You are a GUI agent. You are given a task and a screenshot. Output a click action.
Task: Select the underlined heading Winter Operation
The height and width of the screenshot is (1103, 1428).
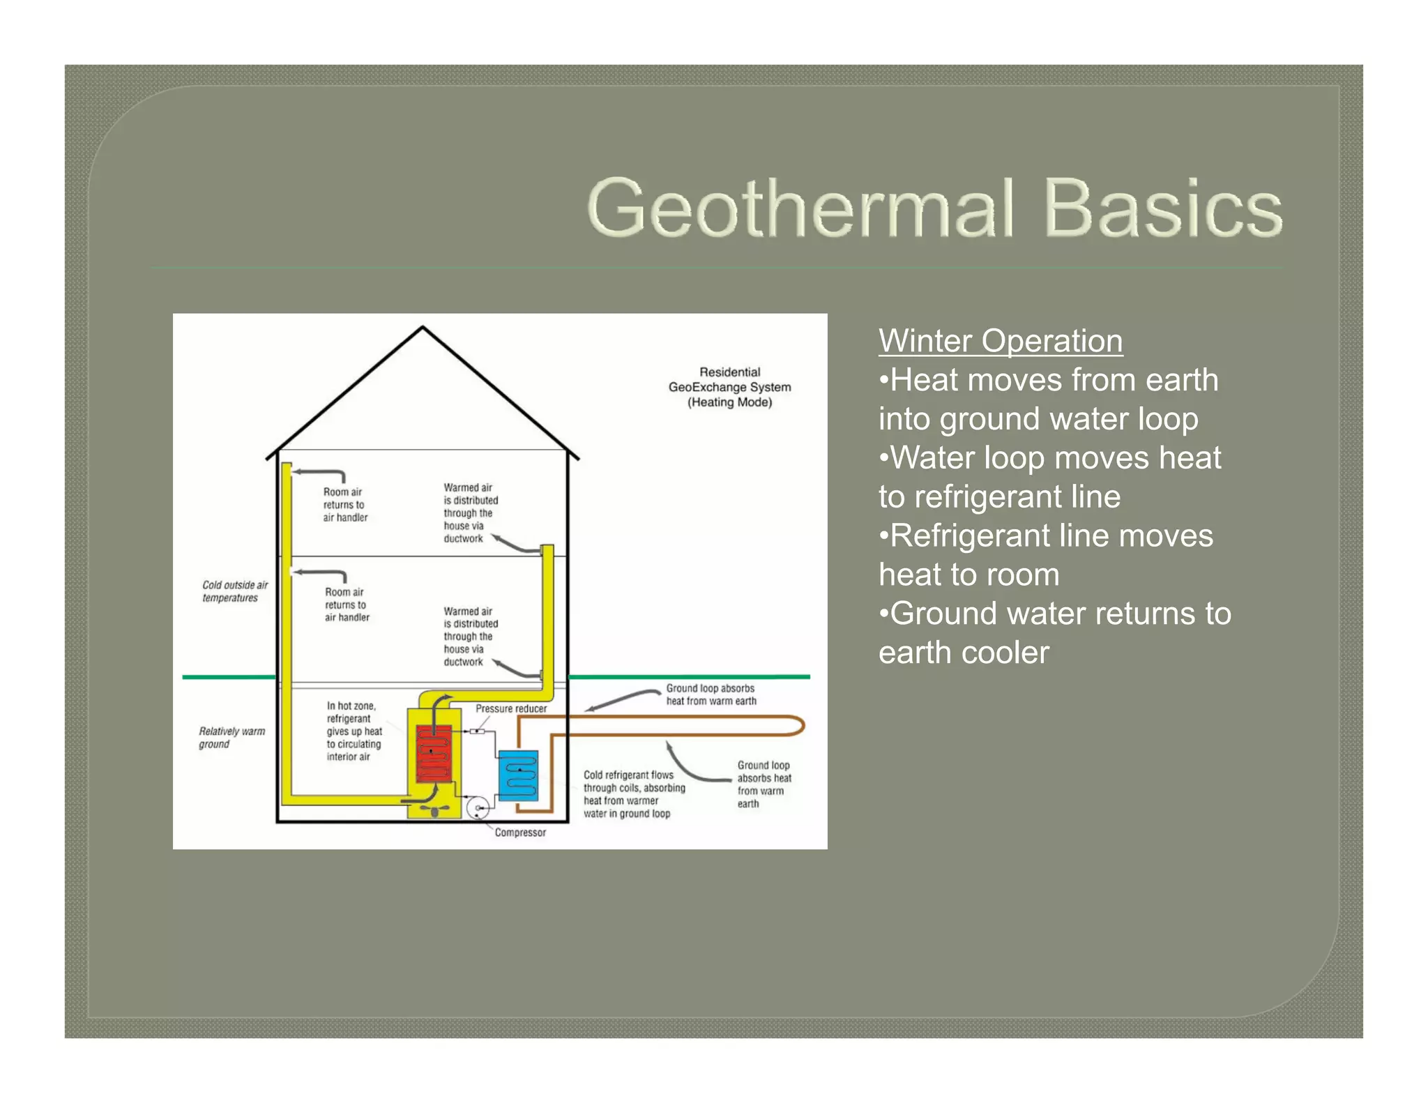(x=1000, y=341)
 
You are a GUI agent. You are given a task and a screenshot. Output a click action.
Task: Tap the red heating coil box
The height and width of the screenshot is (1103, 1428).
(x=433, y=753)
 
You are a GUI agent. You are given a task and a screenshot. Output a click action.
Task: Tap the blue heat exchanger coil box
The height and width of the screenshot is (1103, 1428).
(x=518, y=775)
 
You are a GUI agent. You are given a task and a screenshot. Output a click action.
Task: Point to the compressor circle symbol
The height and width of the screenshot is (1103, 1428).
(x=478, y=809)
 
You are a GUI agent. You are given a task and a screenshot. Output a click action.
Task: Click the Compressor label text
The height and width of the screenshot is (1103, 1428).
(x=520, y=832)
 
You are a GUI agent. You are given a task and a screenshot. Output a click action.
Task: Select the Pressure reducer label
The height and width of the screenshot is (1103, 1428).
(x=511, y=709)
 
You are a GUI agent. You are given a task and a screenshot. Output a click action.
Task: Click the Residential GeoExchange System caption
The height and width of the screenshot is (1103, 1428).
(x=729, y=387)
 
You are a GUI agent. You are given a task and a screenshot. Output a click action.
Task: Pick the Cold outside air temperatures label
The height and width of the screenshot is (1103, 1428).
(x=234, y=591)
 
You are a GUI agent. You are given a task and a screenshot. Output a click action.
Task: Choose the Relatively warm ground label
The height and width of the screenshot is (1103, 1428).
(x=231, y=738)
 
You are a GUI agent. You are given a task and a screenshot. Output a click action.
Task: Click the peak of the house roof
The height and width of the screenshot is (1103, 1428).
(x=423, y=328)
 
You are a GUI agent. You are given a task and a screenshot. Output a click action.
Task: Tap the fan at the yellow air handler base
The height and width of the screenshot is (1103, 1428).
(x=435, y=810)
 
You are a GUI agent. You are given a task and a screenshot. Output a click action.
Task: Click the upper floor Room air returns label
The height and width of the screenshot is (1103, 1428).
(x=344, y=505)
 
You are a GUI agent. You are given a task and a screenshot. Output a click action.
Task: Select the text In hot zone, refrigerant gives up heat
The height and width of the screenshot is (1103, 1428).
(x=354, y=731)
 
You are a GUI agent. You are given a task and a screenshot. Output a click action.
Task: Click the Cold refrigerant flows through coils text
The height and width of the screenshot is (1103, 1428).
(x=633, y=794)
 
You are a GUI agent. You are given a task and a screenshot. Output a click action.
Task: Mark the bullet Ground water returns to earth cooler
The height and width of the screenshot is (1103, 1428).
(x=1054, y=633)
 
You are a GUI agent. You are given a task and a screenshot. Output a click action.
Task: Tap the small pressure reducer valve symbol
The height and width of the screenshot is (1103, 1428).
(x=477, y=731)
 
